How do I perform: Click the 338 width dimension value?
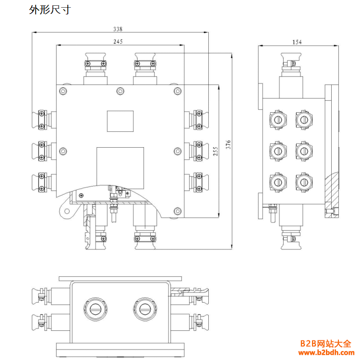tap(118, 29)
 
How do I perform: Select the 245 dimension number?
tap(118, 42)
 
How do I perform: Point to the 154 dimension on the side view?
tap(297, 42)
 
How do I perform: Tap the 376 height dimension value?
tap(228, 144)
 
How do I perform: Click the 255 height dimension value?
tap(216, 151)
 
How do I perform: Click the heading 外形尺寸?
tap(50, 10)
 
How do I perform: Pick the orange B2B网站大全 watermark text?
tap(325, 343)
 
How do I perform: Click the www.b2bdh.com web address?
tap(326, 353)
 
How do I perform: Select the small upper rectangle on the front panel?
tap(120, 121)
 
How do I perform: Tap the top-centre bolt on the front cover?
tap(120, 90)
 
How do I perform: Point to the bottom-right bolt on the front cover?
tap(178, 211)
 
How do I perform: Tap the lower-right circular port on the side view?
tap(303, 182)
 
